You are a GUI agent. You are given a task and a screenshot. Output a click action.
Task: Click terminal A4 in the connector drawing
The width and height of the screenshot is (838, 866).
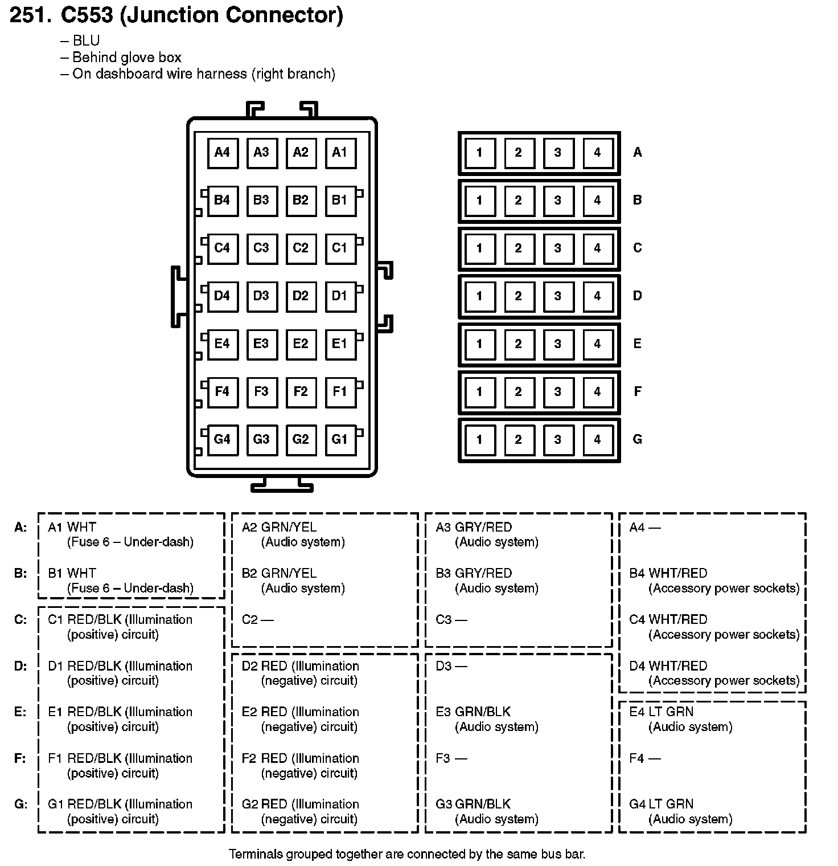222,152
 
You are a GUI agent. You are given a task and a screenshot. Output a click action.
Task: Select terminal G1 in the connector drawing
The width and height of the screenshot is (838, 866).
340,439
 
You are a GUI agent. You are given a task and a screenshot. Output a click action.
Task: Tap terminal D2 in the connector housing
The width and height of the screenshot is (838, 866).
301,296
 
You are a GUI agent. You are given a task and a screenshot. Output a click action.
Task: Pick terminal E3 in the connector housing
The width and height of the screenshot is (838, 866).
261,344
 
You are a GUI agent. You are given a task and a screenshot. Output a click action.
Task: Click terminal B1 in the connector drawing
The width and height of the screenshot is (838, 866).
340,200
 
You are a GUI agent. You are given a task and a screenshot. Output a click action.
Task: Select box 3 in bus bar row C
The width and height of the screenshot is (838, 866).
558,248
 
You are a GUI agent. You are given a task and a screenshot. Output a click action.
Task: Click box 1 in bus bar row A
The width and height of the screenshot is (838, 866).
479,152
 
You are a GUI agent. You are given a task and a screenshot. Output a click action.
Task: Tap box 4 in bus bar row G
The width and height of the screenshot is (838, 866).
597,439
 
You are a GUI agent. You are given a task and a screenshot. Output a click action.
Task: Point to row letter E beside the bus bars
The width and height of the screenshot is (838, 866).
638,344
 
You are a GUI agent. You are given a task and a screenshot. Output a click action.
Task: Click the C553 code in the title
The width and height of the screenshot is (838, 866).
87,15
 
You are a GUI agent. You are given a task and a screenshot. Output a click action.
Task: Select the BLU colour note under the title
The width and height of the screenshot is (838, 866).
86,41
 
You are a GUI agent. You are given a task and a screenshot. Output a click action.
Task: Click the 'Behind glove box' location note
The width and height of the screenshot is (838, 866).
126,58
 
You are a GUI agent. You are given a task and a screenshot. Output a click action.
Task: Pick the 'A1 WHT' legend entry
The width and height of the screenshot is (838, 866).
72,527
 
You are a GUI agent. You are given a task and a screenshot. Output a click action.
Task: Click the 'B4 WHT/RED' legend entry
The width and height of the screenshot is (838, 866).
668,573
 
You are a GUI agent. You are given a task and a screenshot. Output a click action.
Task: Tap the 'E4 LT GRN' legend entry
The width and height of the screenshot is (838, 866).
661,712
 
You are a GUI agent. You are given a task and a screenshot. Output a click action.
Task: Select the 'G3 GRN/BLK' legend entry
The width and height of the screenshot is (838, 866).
473,804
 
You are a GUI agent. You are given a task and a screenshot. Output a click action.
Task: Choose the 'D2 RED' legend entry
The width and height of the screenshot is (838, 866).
264,665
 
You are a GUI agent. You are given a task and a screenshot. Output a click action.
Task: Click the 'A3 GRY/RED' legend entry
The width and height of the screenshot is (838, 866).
473,527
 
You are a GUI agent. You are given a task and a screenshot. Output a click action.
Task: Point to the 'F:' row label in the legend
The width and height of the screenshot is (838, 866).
20,758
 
